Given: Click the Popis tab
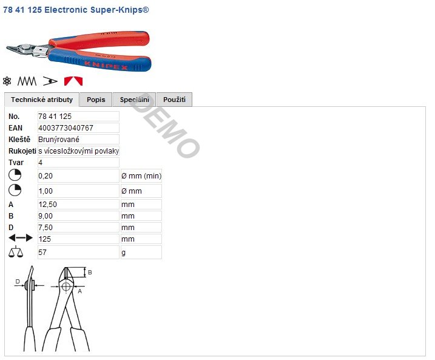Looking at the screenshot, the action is pos(96,100).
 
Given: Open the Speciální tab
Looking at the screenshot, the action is pos(134,100).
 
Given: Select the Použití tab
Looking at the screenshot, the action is pos(174,100).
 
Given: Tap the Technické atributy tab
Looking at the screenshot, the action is pos(42,100).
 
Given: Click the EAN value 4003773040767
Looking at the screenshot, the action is pos(66,128).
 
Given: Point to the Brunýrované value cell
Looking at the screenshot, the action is pos(78,140).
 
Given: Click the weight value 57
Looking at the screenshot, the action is pos(42,253).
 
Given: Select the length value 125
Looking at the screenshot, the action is pos(45,239).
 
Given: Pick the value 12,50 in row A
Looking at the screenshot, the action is pos(48,205).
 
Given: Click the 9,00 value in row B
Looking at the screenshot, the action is pos(46,216).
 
